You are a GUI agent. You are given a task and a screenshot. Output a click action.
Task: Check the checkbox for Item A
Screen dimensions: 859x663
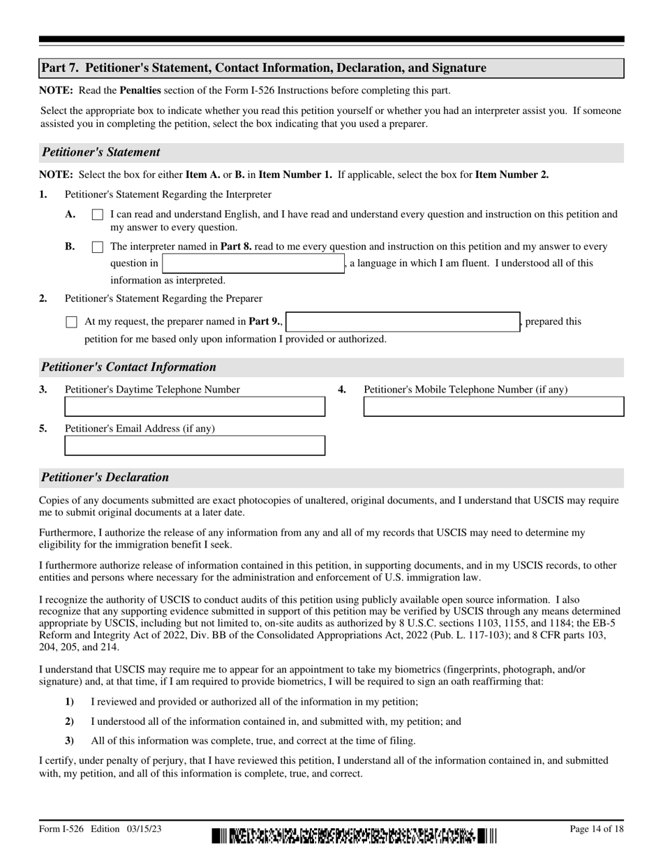[97, 215]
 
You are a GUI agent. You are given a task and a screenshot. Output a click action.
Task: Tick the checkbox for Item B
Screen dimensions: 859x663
[97, 247]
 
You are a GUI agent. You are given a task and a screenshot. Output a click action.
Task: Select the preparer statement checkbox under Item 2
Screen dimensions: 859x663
[71, 322]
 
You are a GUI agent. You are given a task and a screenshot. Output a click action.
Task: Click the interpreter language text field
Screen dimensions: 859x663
[253, 264]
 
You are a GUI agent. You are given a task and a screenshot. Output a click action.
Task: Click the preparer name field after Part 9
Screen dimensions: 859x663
[403, 322]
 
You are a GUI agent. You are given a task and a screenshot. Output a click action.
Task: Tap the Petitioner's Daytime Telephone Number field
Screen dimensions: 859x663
[195, 407]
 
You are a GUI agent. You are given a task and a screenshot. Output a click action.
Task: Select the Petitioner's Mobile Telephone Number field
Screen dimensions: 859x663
[493, 407]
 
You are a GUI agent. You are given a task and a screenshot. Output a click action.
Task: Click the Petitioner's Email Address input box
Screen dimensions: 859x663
[195, 446]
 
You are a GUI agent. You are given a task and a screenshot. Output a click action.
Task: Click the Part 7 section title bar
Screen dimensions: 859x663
[331, 68]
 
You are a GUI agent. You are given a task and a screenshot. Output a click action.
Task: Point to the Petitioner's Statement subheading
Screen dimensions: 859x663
[101, 152]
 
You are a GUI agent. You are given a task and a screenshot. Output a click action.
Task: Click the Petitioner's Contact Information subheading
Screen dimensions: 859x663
[129, 367]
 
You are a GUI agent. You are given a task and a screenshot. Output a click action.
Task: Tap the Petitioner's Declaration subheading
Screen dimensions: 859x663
[105, 478]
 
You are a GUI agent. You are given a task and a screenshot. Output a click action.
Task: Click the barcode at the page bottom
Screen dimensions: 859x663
[355, 835]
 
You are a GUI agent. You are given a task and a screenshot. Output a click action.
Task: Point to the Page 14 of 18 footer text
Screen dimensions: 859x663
[597, 830]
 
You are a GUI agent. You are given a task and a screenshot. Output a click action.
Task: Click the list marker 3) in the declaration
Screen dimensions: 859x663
[69, 741]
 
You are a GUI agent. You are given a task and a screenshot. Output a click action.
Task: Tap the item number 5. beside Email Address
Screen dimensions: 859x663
[43, 429]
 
